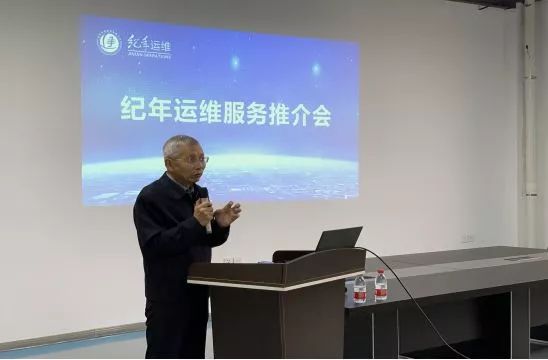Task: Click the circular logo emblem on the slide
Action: tap(109, 42)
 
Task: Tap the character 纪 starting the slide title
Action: tap(130, 110)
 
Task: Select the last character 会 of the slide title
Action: tap(319, 113)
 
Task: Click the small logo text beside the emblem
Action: tap(148, 46)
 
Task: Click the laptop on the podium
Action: tap(337, 240)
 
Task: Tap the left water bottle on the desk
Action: tap(359, 289)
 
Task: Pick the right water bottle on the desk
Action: tap(381, 285)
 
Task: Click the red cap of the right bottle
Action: tap(381, 271)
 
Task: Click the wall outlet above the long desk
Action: tap(467, 238)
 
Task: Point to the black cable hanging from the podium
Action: tap(420, 300)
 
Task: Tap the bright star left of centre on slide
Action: tap(235, 62)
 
